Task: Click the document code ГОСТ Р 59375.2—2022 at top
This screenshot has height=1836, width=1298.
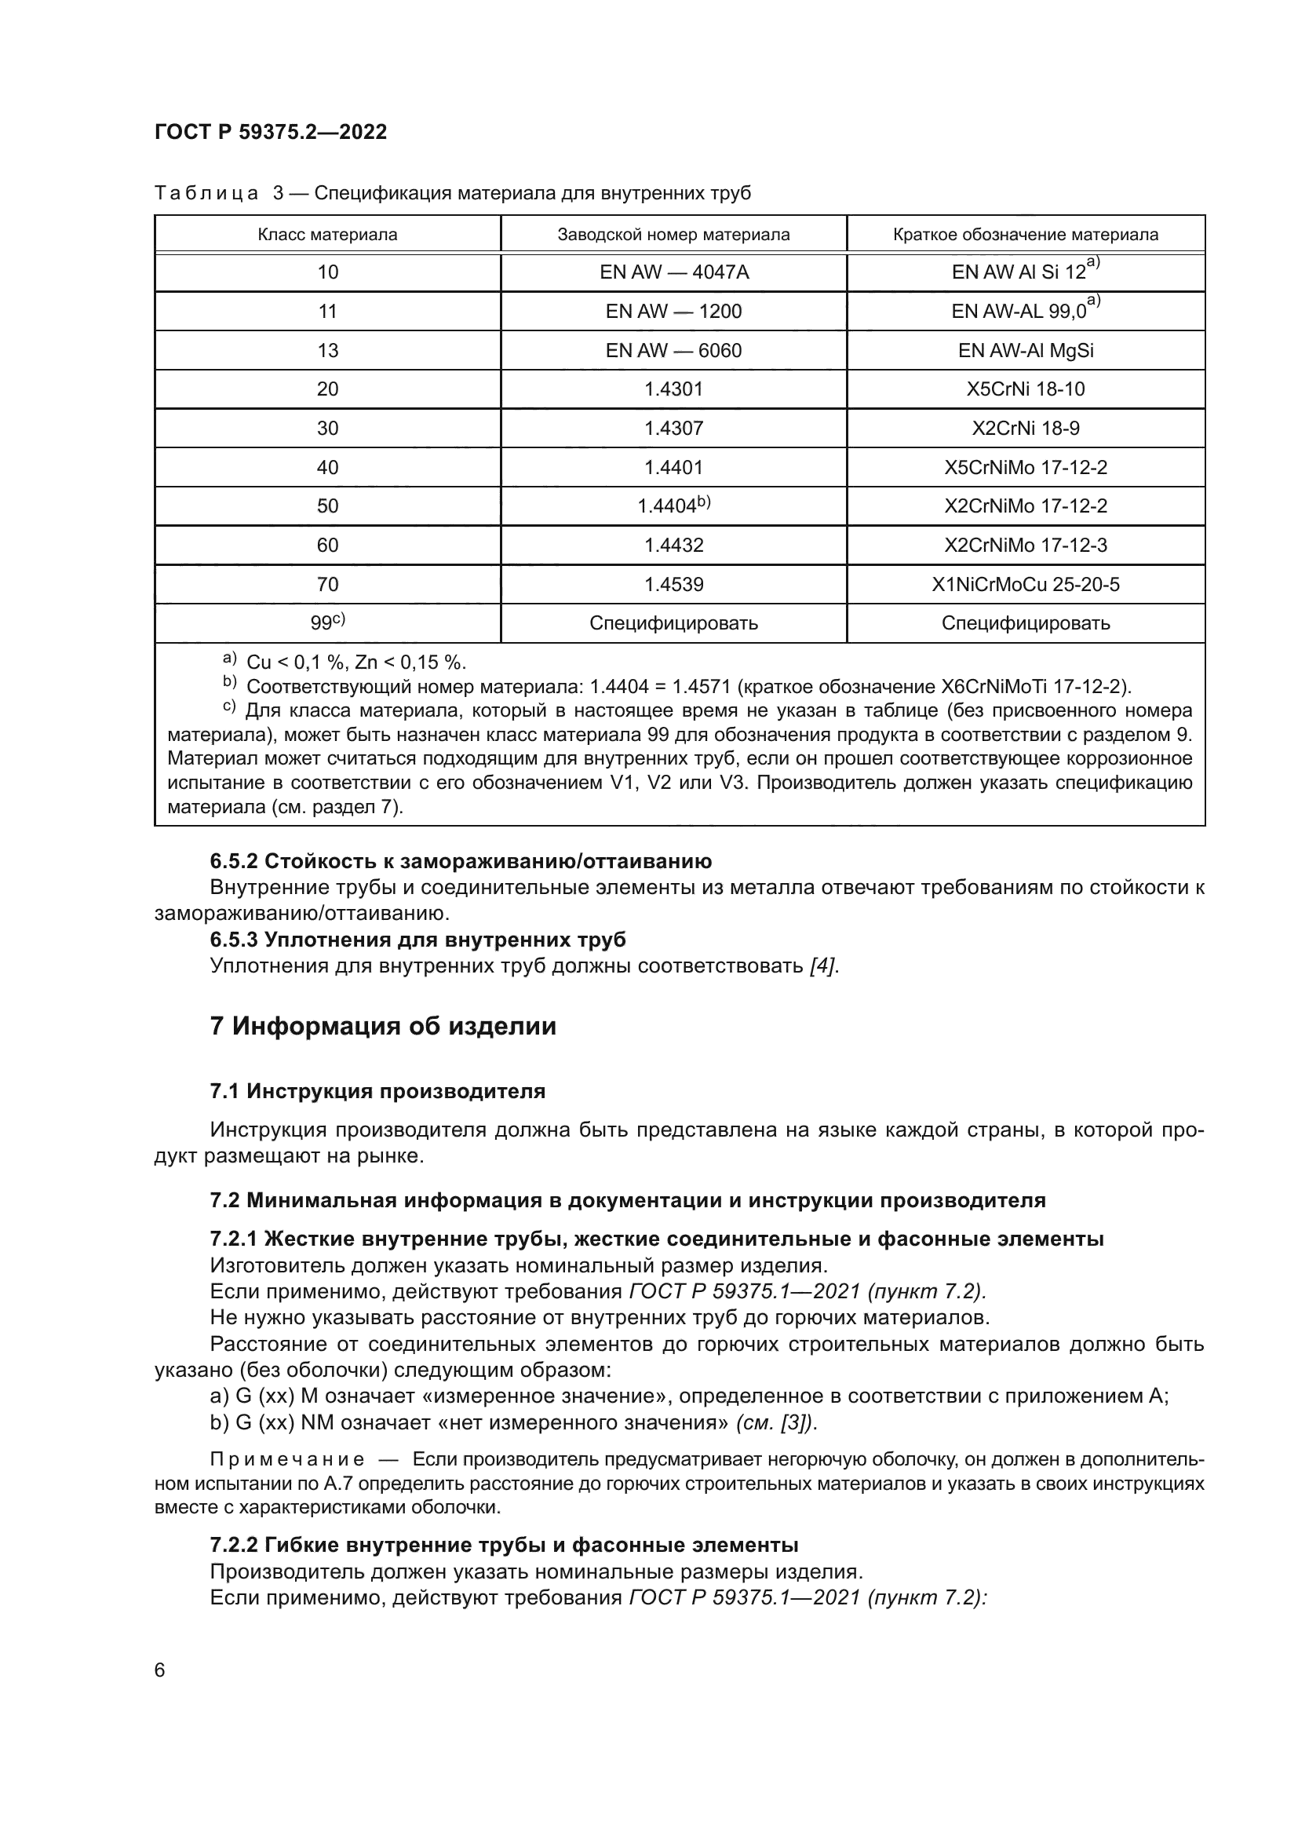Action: [270, 132]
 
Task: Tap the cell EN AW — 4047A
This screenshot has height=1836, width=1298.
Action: [674, 272]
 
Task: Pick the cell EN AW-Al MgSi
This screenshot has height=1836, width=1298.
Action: [1026, 351]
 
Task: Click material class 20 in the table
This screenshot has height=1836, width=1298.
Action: [328, 389]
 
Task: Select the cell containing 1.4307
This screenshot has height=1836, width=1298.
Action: [674, 429]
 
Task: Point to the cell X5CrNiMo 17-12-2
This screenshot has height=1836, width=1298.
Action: [1026, 468]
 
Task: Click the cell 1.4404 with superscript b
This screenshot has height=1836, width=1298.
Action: [674, 506]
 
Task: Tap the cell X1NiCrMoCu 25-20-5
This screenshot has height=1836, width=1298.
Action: [1026, 585]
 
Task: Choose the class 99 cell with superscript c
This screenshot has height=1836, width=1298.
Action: [328, 623]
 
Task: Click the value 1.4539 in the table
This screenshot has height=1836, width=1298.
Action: [674, 585]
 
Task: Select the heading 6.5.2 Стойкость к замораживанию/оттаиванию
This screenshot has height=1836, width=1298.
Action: [461, 861]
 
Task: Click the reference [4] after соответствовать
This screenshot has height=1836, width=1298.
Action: [823, 966]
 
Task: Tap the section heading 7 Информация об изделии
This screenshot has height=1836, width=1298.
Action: [383, 1026]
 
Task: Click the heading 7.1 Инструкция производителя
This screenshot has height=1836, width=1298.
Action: [377, 1092]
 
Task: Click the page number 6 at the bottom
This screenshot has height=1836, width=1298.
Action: [160, 1670]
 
